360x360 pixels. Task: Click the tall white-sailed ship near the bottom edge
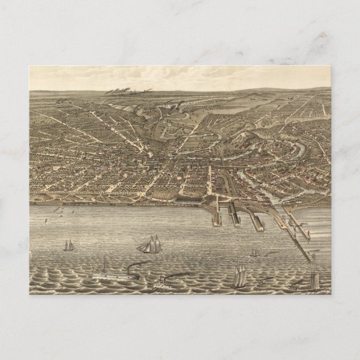click(239, 275)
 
